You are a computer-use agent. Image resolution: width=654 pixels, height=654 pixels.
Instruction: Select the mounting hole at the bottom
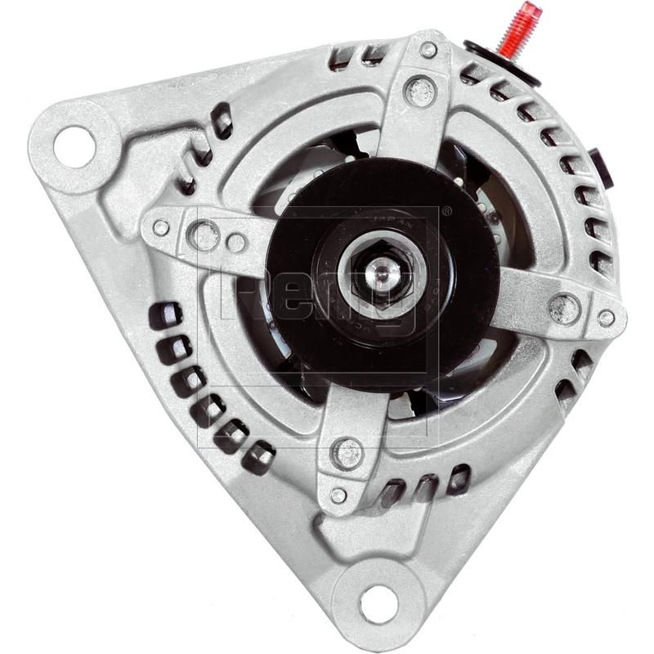coord(378,602)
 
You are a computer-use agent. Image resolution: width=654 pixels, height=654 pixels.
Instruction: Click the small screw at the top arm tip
coord(428,50)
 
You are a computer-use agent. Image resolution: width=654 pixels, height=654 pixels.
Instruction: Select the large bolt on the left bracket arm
coord(204,235)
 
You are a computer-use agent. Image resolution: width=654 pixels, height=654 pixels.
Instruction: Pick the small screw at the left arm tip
coord(161,228)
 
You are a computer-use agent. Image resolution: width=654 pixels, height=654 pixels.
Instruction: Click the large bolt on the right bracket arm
coord(563,308)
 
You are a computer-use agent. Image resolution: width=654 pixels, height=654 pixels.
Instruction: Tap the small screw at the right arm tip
coord(606,318)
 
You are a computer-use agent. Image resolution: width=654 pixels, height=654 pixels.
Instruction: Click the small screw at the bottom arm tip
coord(338,495)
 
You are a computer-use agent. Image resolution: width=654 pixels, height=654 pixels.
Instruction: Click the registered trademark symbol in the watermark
coord(446,210)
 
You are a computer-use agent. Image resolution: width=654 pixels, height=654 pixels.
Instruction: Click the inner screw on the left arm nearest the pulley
coord(235,243)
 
